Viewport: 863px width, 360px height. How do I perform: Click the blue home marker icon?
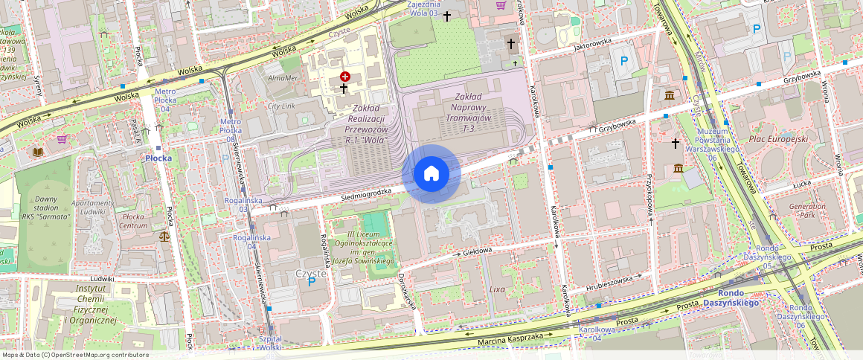[x=431, y=174]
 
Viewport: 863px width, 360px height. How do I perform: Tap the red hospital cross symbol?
[x=345, y=77]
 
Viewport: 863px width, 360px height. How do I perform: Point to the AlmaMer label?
[x=282, y=77]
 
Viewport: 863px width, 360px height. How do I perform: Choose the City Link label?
[x=282, y=106]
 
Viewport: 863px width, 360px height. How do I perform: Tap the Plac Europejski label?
[x=778, y=139]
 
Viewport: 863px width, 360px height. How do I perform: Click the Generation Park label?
[x=807, y=210]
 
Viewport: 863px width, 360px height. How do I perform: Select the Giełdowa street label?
[x=478, y=251]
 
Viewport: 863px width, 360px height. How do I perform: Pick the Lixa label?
[x=497, y=289]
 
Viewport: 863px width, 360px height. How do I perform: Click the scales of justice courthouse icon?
[x=164, y=237]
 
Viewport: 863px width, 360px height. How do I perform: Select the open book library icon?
[x=38, y=152]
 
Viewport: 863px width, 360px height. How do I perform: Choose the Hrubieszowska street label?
[x=608, y=280]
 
